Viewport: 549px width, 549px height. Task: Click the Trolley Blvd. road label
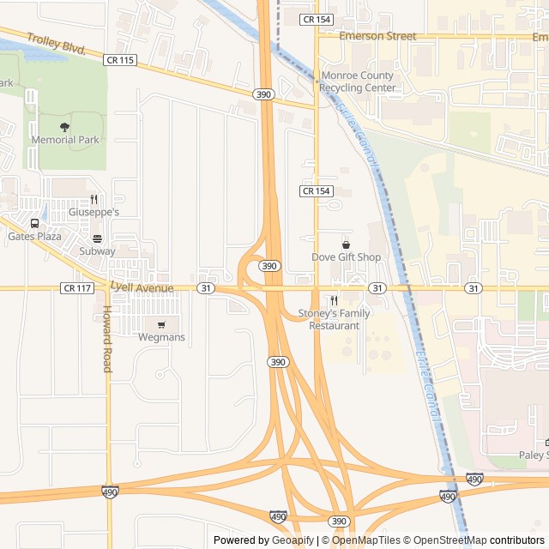coord(57,44)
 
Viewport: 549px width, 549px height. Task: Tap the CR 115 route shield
coord(119,59)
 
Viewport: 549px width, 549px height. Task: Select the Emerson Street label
coord(377,36)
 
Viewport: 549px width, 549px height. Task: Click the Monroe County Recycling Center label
coord(357,81)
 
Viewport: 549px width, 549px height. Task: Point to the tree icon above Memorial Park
coord(65,127)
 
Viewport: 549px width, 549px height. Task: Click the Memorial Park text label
coord(65,140)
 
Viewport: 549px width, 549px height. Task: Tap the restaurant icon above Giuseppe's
coord(94,199)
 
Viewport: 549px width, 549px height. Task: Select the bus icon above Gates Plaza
coord(34,223)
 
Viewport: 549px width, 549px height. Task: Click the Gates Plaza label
coord(34,236)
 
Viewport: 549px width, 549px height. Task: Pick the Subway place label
coord(97,251)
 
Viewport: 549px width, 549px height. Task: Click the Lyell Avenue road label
coord(142,288)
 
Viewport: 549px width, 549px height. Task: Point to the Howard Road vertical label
coord(107,339)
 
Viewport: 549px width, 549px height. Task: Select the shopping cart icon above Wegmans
coord(161,324)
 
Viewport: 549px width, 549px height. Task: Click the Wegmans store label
coord(161,337)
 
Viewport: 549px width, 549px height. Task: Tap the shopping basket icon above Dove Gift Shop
coord(346,244)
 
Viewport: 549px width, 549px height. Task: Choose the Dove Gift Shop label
coord(346,257)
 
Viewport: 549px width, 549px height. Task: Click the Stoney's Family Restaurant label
coord(335,319)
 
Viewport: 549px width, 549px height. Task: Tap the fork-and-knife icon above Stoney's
coord(335,300)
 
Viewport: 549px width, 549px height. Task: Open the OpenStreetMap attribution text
coord(445,540)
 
